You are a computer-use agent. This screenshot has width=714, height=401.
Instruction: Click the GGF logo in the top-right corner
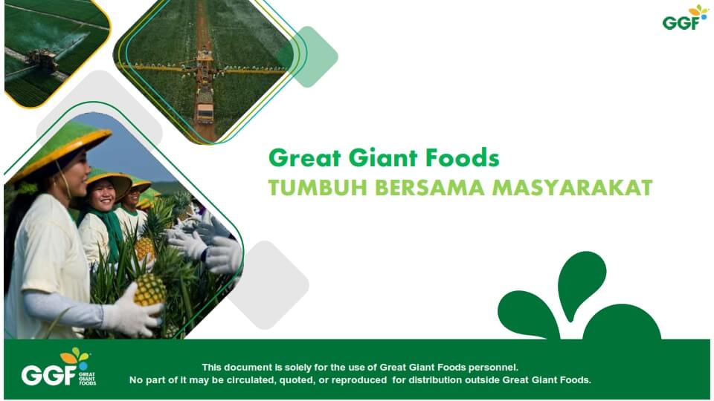coord(685,18)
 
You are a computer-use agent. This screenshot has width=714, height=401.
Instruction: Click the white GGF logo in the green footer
coord(59,368)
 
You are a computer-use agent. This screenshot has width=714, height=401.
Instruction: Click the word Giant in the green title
coord(383,158)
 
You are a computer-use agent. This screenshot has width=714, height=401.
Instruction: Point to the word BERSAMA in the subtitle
coord(430,188)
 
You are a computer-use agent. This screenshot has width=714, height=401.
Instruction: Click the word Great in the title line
coord(305,158)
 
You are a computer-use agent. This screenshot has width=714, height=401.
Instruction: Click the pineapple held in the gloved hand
coord(149,290)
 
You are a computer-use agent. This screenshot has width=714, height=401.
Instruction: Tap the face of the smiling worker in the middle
coord(103,195)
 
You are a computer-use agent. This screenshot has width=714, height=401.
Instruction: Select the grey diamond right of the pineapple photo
coord(268,285)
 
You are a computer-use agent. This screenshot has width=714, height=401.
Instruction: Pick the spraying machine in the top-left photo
coord(43,60)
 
